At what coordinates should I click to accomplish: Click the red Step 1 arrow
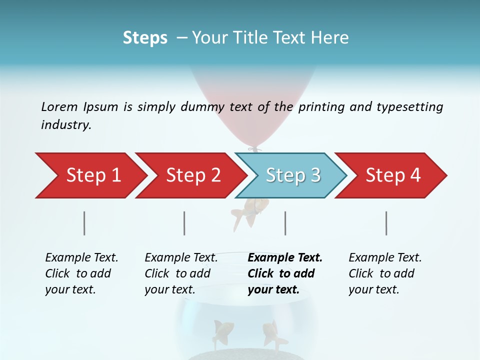90,175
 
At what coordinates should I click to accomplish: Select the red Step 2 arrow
190,175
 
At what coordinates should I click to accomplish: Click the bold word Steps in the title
145,38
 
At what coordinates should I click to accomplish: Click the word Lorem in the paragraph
58,106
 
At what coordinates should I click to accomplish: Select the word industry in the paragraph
65,125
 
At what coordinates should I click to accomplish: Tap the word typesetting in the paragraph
410,107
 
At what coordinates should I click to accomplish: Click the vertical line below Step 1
84,223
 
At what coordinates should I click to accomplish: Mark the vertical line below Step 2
184,223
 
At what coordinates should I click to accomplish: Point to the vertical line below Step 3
285,223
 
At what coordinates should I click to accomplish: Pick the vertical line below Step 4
386,223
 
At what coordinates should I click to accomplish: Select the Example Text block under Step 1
81,273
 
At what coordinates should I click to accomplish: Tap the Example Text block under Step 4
385,273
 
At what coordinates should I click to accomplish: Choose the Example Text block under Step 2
181,273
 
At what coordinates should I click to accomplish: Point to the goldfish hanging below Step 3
250,210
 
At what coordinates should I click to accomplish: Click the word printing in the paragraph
320,107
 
